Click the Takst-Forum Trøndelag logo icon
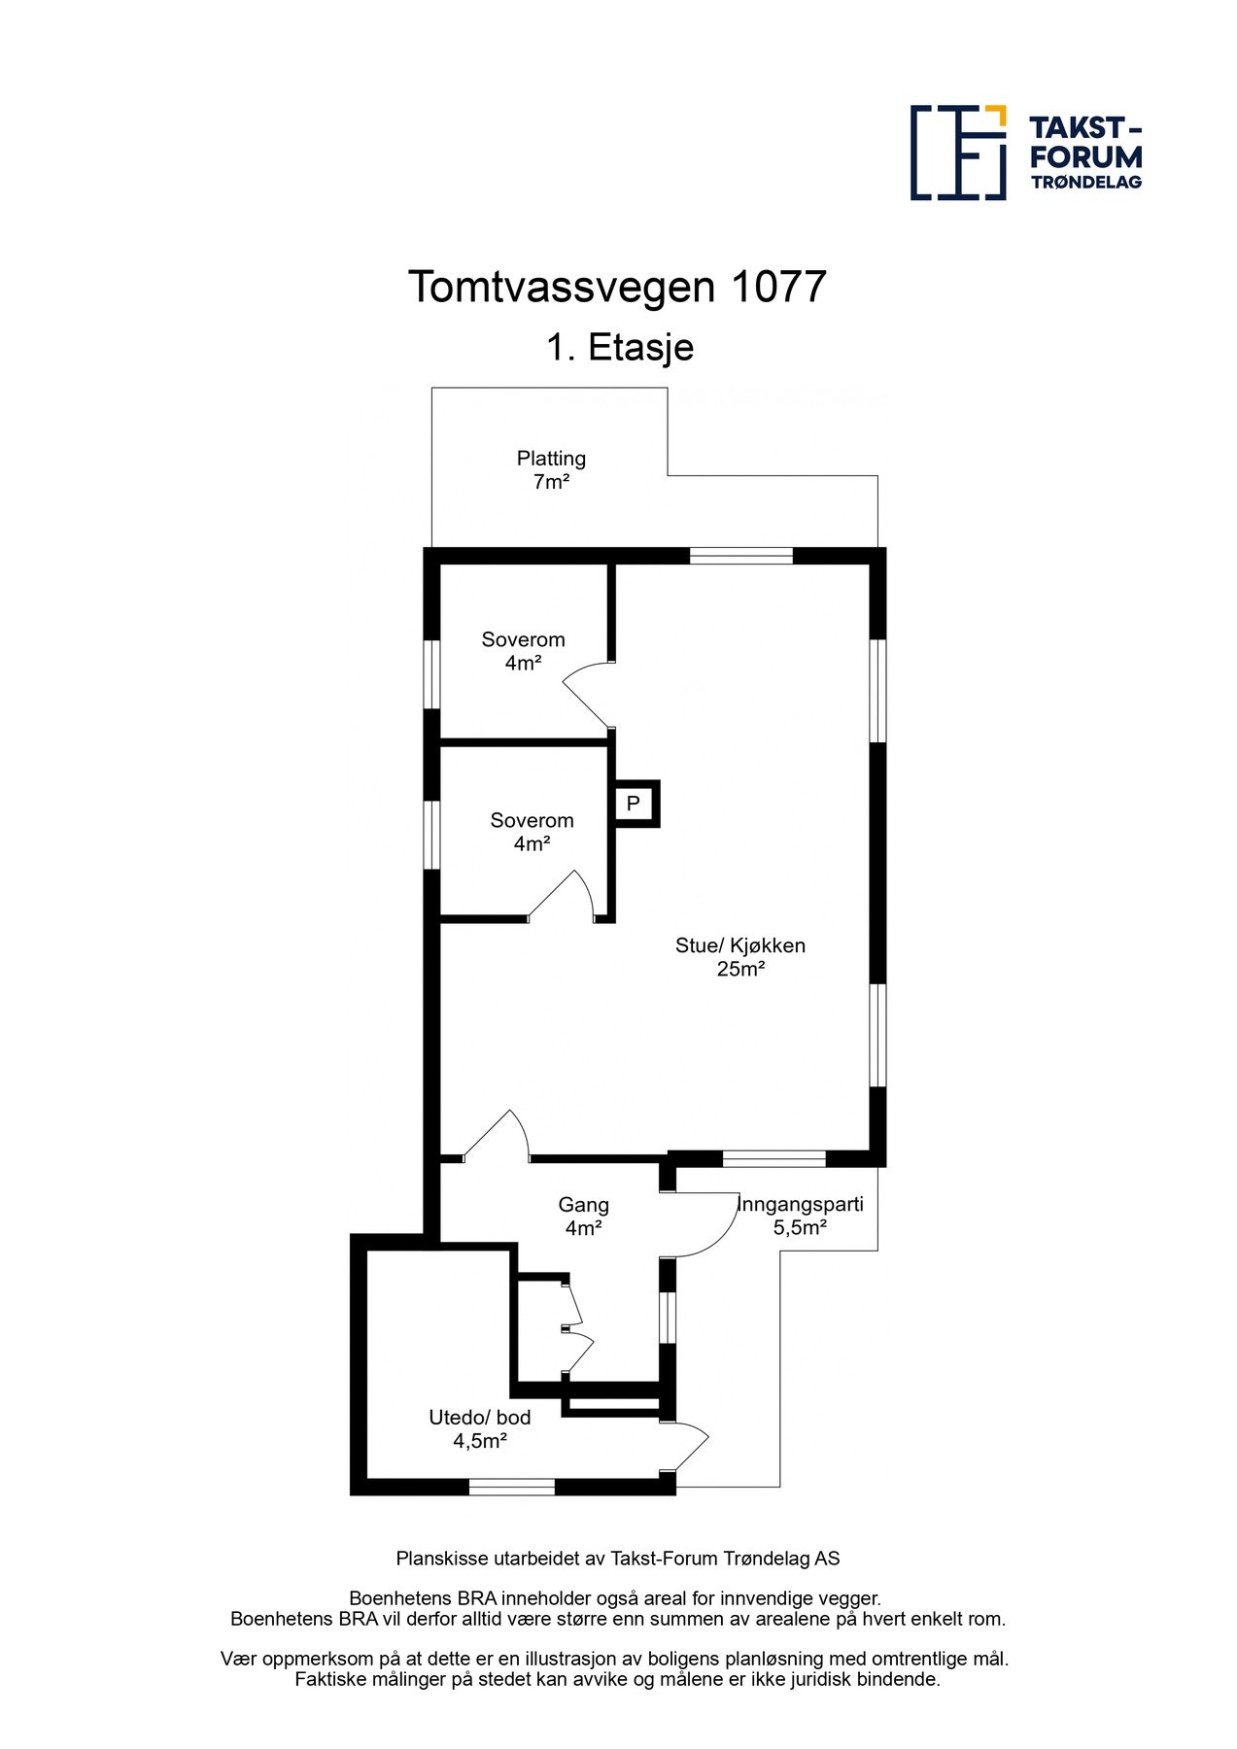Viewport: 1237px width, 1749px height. tap(957, 153)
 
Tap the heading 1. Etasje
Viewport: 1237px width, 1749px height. tap(619, 347)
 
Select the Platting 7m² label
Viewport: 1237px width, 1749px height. tap(551, 469)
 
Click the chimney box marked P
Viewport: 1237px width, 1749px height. tap(634, 804)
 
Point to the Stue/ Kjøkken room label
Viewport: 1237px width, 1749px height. tap(740, 956)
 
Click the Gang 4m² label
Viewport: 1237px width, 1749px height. tap(583, 1216)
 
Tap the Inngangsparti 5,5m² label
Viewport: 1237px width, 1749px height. tap(800, 1216)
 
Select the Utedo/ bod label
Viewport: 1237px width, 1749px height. tap(480, 1428)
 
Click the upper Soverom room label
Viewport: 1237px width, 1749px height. tap(523, 651)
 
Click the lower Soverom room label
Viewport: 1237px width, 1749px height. tap(532, 832)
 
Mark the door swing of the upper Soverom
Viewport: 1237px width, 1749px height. tap(588, 693)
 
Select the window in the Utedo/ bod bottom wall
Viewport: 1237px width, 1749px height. tap(512, 1487)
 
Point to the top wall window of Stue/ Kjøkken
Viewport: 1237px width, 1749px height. tap(741, 556)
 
